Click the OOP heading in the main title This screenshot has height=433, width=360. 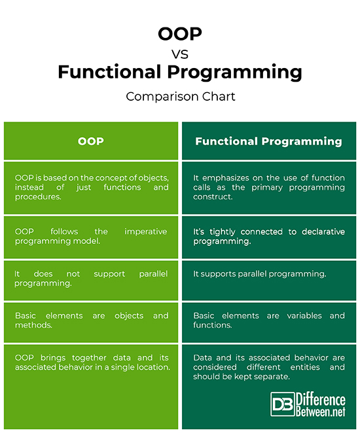(179, 33)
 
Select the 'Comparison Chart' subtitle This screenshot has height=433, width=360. (180, 96)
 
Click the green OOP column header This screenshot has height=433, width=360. (91, 141)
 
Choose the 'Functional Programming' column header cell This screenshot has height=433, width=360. (268, 141)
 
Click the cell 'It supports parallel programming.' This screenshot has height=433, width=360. (259, 274)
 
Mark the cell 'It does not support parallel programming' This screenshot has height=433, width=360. (91, 279)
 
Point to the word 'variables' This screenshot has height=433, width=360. (287, 316)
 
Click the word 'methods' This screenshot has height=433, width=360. (33, 326)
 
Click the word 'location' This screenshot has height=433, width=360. (151, 368)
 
